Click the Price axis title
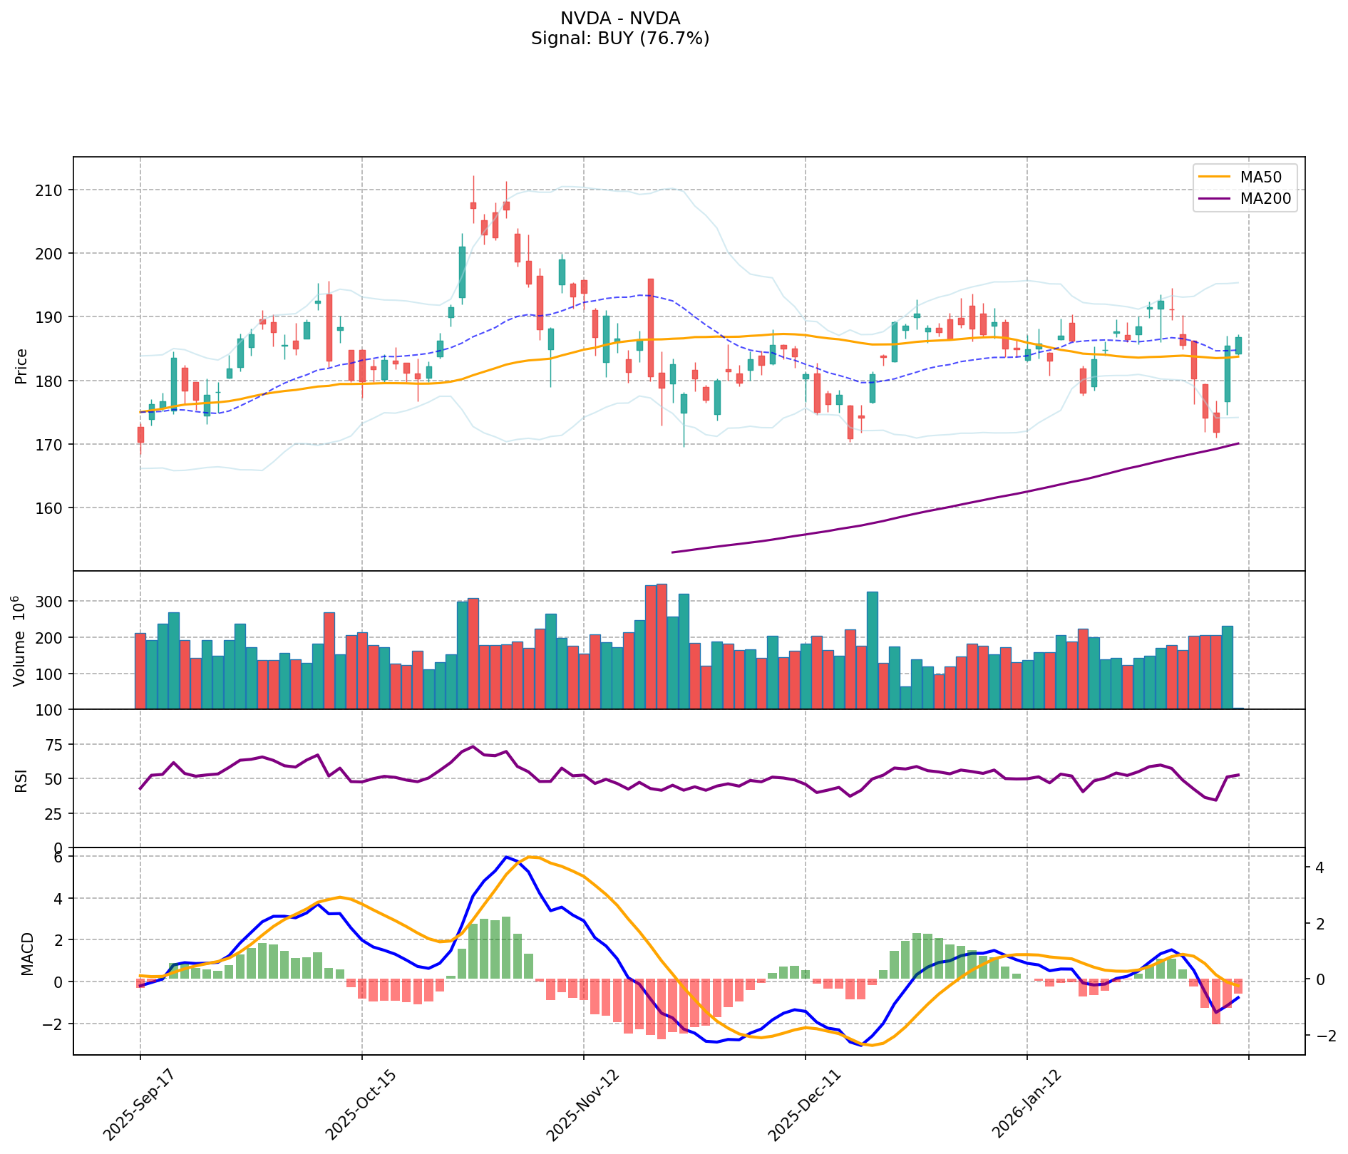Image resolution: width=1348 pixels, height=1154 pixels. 21,366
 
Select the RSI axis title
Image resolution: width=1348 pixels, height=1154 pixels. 21,780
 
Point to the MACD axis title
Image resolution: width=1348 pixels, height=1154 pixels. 27,954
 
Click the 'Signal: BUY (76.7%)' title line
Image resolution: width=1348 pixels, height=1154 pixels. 619,38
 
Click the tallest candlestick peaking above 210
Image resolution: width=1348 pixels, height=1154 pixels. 473,205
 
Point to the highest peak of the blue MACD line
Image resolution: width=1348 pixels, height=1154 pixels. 505,857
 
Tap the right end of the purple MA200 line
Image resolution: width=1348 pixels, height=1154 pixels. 1238,443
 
